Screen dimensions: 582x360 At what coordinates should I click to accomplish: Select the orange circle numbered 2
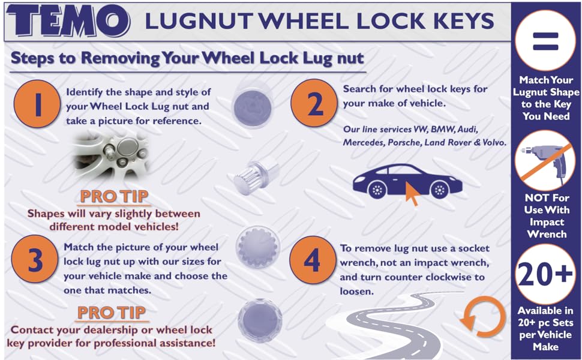click(x=313, y=103)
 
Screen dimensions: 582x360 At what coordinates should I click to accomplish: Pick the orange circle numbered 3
click(x=35, y=260)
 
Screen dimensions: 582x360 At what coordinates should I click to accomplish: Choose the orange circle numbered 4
click(x=312, y=260)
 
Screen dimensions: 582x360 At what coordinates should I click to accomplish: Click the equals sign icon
click(x=545, y=41)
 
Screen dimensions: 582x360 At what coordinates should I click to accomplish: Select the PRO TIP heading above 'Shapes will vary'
click(x=114, y=196)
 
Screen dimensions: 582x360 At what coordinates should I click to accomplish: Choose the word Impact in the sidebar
click(x=546, y=222)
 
